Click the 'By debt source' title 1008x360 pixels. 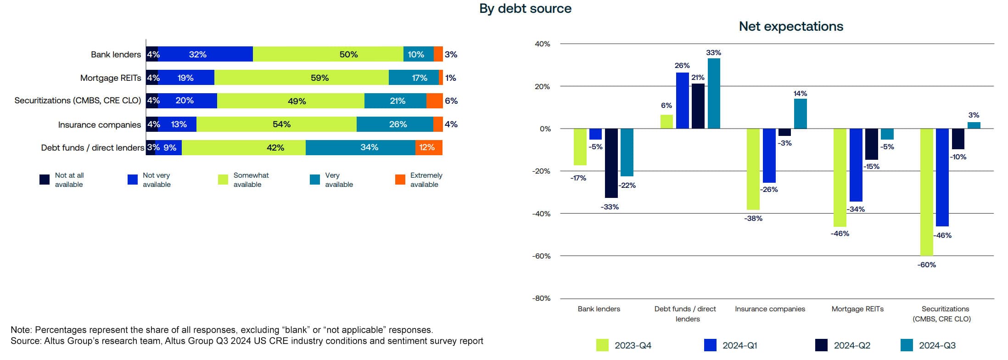click(525, 9)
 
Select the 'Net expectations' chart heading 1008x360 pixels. click(790, 27)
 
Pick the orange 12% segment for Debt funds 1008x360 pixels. click(429, 147)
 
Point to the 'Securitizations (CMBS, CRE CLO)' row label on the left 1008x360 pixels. click(78, 101)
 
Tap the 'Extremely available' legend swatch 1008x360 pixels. click(400, 180)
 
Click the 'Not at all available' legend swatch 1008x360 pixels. click(45, 180)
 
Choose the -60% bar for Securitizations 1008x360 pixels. click(926, 192)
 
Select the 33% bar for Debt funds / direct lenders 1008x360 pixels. click(714, 93)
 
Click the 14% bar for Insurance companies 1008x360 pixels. click(800, 113)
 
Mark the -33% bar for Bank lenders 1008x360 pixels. click(611, 163)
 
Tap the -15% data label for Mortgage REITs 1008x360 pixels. click(871, 167)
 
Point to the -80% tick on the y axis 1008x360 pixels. click(542, 298)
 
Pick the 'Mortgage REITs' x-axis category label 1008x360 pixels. click(857, 309)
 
